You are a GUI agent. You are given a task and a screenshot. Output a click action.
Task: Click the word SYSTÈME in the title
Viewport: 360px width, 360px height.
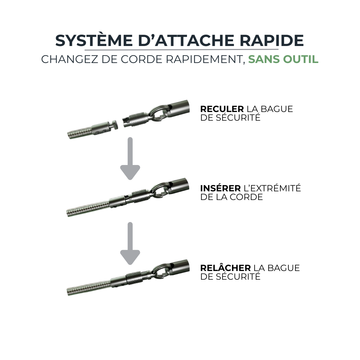(x=94, y=41)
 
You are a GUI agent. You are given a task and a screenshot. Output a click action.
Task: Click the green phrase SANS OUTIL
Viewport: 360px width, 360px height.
(x=283, y=59)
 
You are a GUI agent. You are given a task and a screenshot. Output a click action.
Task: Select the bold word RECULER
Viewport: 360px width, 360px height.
(x=222, y=109)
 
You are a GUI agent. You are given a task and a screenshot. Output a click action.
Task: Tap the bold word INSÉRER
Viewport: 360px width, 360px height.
(x=220, y=188)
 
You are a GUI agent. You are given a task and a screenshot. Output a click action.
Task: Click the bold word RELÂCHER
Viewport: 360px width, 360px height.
(x=225, y=268)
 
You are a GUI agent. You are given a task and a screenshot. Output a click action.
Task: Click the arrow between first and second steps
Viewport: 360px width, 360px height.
(x=130, y=158)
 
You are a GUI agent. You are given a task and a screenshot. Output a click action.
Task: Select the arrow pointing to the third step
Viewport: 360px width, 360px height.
(x=130, y=243)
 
